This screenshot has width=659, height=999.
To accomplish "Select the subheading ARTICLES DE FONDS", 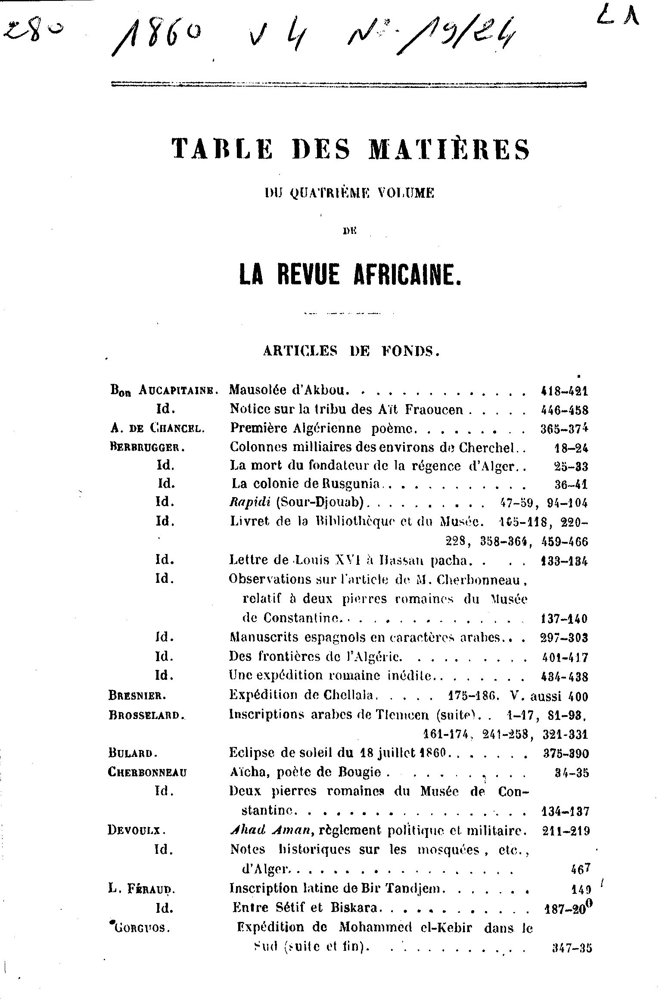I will [351, 351].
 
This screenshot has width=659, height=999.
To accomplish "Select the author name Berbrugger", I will [147, 447].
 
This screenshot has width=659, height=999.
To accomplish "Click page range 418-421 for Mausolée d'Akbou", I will [564, 391].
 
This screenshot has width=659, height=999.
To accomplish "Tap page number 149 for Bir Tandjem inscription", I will [579, 889].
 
